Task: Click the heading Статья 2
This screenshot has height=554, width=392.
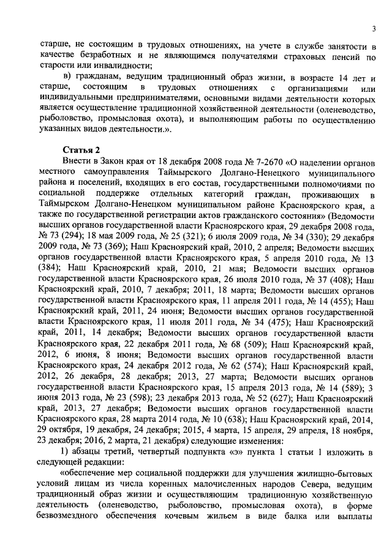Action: tap(81, 149)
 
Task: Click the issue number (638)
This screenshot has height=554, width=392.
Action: tap(230, 419)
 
